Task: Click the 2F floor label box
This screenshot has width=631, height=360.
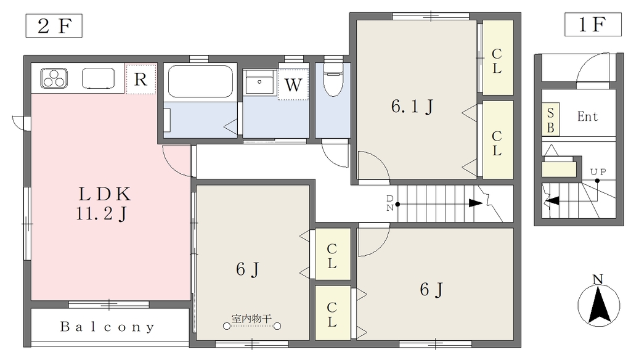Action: [x=54, y=26]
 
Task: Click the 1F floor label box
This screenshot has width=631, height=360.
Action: [x=593, y=25]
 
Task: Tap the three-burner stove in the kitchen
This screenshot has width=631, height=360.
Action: [x=54, y=78]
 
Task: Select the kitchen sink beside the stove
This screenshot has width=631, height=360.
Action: [x=98, y=78]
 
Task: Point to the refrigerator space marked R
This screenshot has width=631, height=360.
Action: [x=140, y=79]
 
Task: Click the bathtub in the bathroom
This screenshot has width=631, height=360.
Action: [x=200, y=82]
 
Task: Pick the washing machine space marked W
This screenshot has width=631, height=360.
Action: [x=293, y=84]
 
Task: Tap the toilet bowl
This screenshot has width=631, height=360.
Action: [x=333, y=78]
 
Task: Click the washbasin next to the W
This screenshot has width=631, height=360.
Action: [x=259, y=82]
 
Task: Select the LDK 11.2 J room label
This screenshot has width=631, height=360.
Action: [x=104, y=204]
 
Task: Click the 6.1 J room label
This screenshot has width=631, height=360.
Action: [x=412, y=107]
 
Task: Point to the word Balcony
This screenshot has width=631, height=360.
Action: [x=107, y=327]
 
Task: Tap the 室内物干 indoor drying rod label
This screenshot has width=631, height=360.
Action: [x=251, y=319]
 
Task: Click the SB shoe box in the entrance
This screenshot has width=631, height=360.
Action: [x=550, y=120]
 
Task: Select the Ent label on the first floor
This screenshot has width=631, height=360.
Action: [x=587, y=117]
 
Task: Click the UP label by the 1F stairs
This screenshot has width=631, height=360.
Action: [x=598, y=172]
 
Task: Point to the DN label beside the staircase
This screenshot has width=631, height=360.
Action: [x=390, y=203]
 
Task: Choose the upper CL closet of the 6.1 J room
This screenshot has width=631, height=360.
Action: [x=498, y=57]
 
